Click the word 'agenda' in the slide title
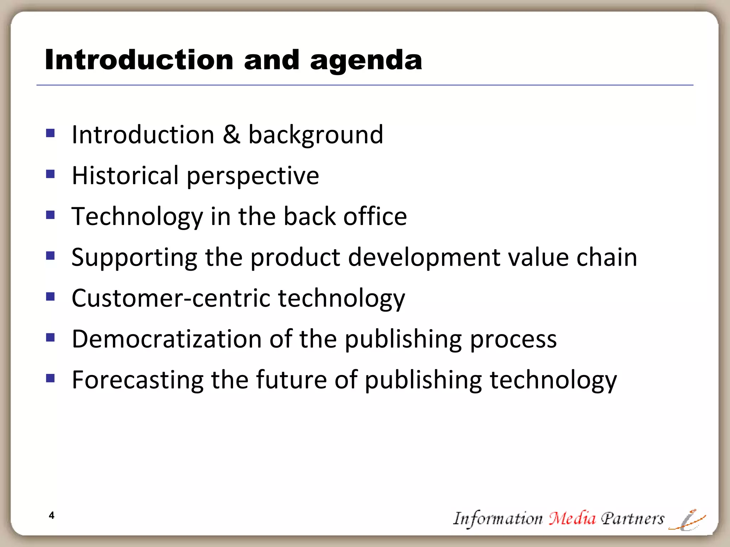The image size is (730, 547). [366, 61]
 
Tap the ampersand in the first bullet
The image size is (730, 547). [231, 135]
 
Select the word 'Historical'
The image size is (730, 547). [125, 175]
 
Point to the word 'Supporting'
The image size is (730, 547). [134, 257]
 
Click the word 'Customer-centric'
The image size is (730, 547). [171, 298]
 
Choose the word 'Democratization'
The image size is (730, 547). [166, 339]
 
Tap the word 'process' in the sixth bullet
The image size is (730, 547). [513, 339]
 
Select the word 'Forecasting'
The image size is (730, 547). [138, 380]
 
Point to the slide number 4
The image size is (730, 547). [52, 515]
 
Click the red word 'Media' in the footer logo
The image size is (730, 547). [572, 518]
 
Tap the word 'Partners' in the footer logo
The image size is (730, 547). [633, 519]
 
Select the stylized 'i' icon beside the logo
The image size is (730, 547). [688, 520]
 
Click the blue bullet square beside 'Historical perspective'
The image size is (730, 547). [50, 174]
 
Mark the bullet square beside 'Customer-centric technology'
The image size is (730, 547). [50, 296]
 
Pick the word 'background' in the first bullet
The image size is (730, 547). [315, 135]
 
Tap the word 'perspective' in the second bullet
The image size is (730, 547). [253, 176]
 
